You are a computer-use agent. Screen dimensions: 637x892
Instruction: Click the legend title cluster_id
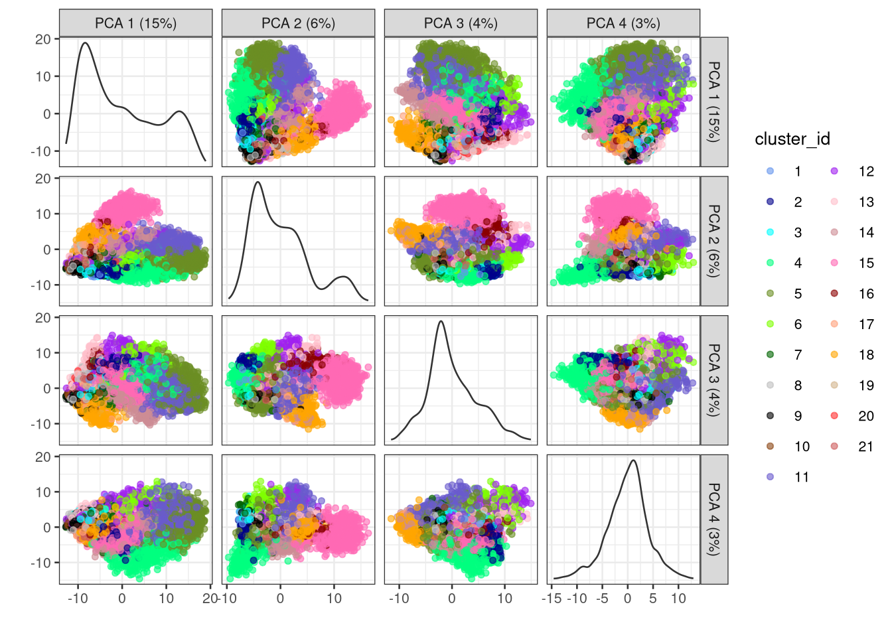pyautogui.click(x=792, y=139)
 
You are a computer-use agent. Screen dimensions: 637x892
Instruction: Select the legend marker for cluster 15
pyautogui.click(x=834, y=263)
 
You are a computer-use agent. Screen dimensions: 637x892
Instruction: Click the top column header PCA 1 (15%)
pyautogui.click(x=135, y=23)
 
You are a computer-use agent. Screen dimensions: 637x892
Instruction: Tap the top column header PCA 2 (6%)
pyautogui.click(x=298, y=23)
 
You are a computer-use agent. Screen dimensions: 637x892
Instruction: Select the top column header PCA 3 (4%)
pyautogui.click(x=461, y=23)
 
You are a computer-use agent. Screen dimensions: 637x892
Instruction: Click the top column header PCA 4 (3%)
pyautogui.click(x=623, y=23)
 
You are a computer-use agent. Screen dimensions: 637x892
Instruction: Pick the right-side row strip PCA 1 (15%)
pyautogui.click(x=714, y=102)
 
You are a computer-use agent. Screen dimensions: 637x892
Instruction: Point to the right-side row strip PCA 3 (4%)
pyautogui.click(x=714, y=380)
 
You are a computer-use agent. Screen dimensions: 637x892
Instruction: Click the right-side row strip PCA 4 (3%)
pyautogui.click(x=714, y=519)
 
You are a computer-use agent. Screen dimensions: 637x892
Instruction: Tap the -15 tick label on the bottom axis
pyautogui.click(x=552, y=599)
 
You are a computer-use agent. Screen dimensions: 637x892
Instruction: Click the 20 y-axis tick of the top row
pyautogui.click(x=43, y=39)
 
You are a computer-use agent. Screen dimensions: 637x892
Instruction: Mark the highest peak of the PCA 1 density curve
pyautogui.click(x=85, y=43)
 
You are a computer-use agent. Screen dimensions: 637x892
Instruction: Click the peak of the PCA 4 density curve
pyautogui.click(x=633, y=460)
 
